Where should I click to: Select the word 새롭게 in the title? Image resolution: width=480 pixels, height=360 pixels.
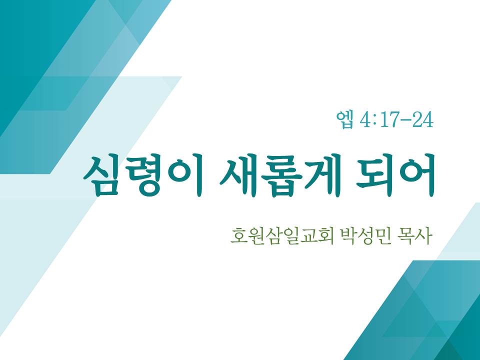[280, 175]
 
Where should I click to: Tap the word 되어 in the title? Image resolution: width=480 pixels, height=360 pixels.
[395, 175]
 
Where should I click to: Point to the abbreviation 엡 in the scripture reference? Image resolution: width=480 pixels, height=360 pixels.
[345, 119]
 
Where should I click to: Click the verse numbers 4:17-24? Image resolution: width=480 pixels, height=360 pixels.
[396, 119]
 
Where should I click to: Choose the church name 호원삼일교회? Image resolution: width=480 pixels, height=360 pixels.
[282, 236]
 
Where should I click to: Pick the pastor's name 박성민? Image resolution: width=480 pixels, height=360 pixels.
[365, 236]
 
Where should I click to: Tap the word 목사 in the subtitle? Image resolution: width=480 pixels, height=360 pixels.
[414, 236]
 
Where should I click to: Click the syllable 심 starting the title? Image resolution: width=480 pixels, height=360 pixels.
[101, 175]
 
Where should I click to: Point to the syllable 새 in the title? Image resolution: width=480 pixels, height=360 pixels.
[238, 175]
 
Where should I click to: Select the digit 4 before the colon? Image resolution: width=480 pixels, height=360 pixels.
[365, 119]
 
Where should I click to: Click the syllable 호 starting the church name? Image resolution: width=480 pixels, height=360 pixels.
[239, 236]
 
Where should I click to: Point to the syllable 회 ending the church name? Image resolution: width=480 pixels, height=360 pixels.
[325, 236]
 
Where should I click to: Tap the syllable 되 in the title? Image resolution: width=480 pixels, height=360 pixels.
[375, 175]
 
